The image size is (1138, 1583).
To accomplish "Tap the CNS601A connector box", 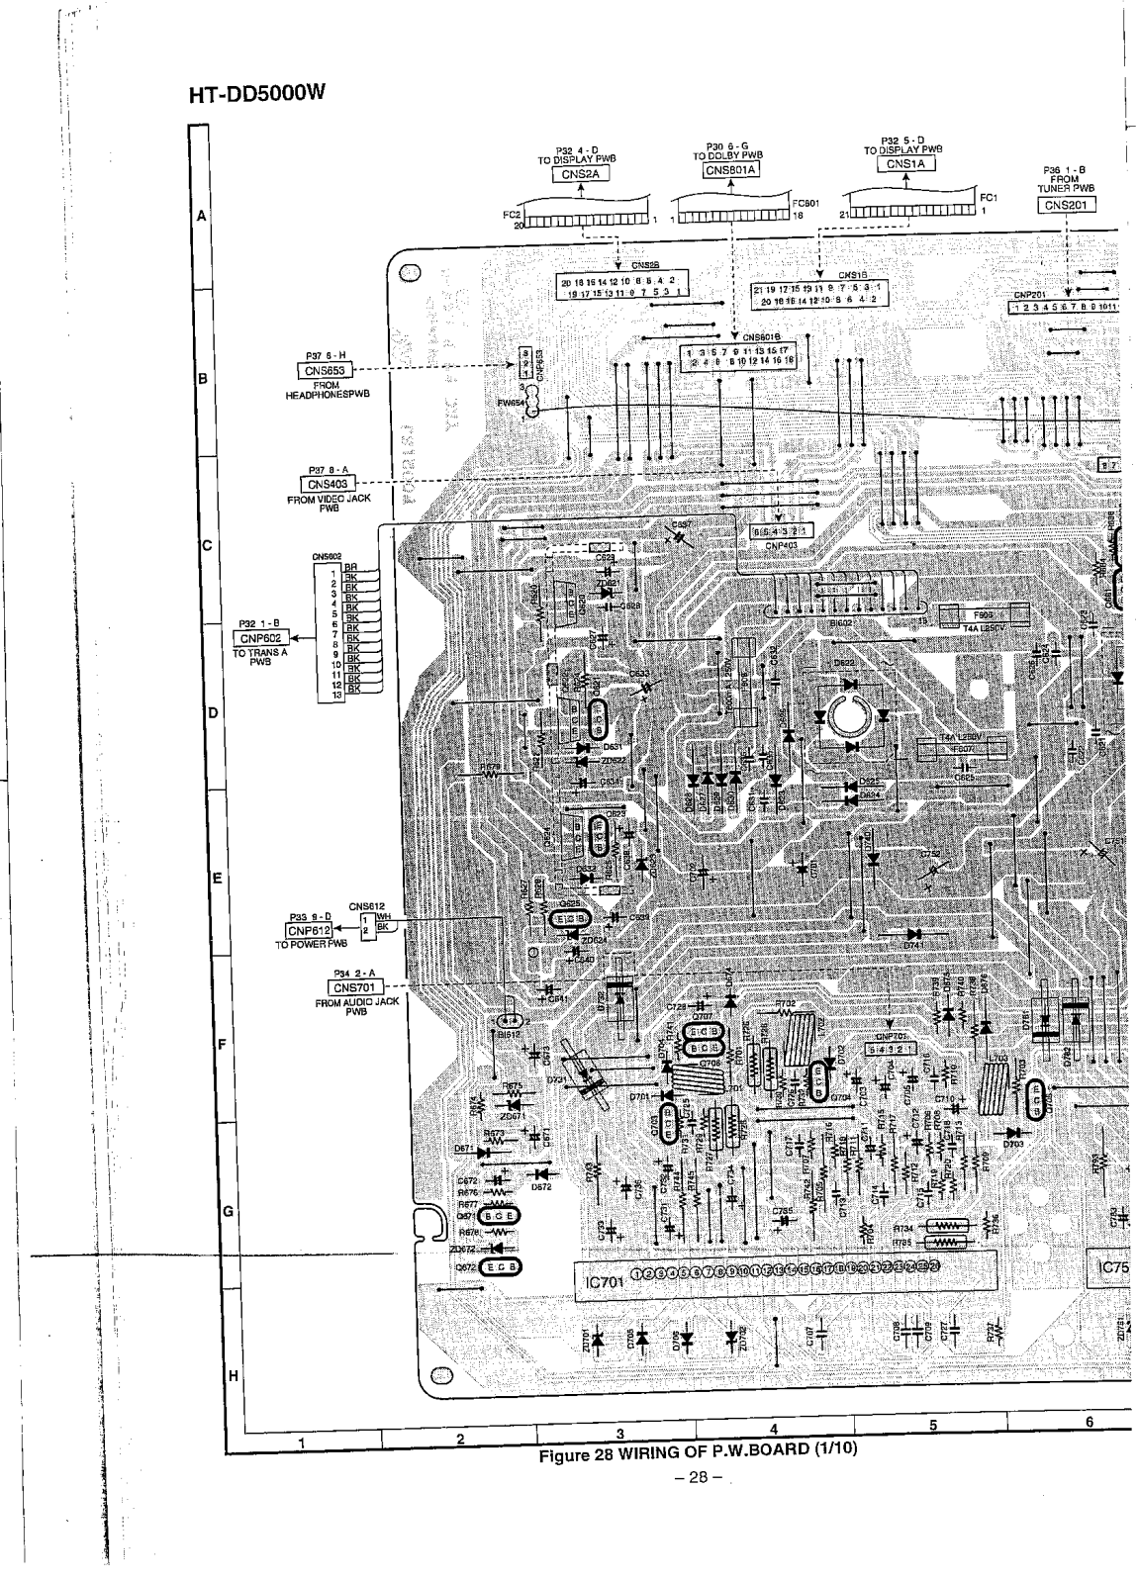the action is point(730,170).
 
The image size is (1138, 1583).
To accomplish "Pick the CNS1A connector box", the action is point(905,164).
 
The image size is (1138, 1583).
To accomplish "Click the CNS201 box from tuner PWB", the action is point(1068,205).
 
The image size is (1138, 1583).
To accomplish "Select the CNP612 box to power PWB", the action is point(308,930).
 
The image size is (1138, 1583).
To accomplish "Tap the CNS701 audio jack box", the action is point(356,986).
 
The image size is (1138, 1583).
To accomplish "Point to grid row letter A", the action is point(201,216).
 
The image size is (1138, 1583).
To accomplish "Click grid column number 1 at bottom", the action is point(301,1443).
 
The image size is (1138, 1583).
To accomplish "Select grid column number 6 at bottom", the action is point(1088,1423).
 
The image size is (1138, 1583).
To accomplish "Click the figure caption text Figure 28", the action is point(696,1453).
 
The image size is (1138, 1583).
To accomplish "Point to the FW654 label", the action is point(511,404).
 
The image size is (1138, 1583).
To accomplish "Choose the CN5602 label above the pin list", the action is point(327,557).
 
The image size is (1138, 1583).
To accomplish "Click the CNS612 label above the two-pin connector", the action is point(366,905).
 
